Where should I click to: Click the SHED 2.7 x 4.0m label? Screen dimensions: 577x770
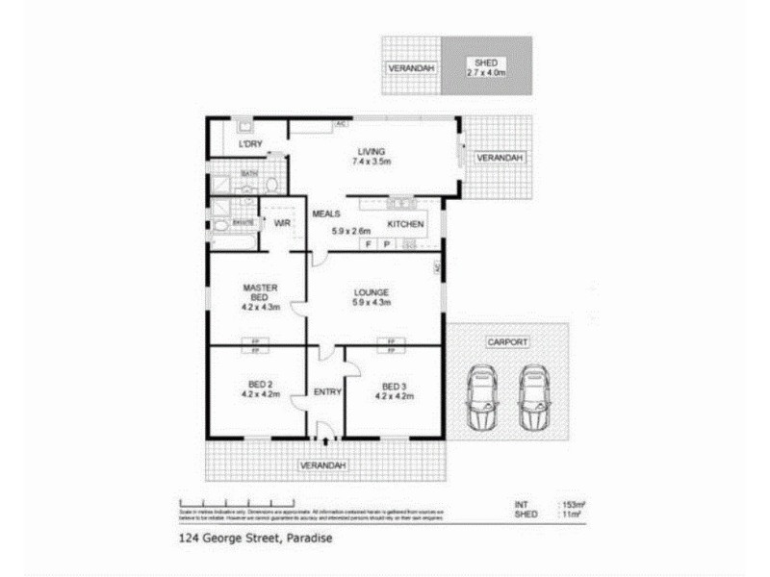click(485, 66)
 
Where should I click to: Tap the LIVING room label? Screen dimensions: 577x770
click(371, 156)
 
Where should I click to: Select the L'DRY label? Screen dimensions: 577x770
click(251, 144)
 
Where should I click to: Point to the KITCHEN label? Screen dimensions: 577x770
click(405, 224)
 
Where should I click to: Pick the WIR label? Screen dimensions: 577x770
click(283, 224)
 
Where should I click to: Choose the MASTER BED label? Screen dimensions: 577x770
click(260, 297)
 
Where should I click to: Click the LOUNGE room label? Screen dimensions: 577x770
click(371, 297)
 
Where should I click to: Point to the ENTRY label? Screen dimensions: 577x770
click(327, 391)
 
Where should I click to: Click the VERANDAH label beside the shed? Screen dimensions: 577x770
click(411, 69)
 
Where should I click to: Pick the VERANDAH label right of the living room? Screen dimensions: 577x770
click(500, 158)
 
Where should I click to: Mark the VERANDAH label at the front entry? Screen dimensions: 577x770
click(322, 465)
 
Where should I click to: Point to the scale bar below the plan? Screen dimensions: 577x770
click(237, 503)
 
